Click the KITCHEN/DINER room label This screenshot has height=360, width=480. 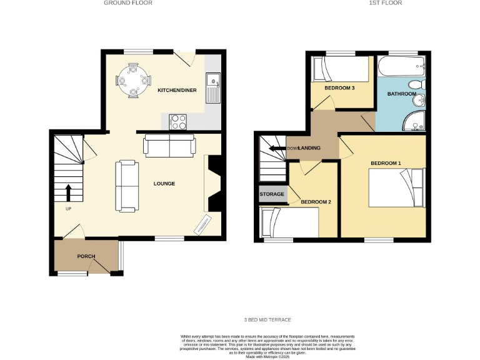pos(177,91)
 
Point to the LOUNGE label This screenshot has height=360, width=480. pos(164,184)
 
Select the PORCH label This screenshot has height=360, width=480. pos(86,257)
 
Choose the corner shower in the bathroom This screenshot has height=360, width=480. pos(414,122)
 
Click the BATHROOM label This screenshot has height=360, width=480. pos(401,94)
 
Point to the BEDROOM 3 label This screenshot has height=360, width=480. pos(339,88)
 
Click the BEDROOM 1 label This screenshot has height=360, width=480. pos(386,164)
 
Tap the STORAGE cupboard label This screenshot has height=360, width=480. pos(272,194)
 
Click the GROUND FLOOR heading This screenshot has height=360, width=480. pos(127,3)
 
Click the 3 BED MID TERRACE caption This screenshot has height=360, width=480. pos(267,320)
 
